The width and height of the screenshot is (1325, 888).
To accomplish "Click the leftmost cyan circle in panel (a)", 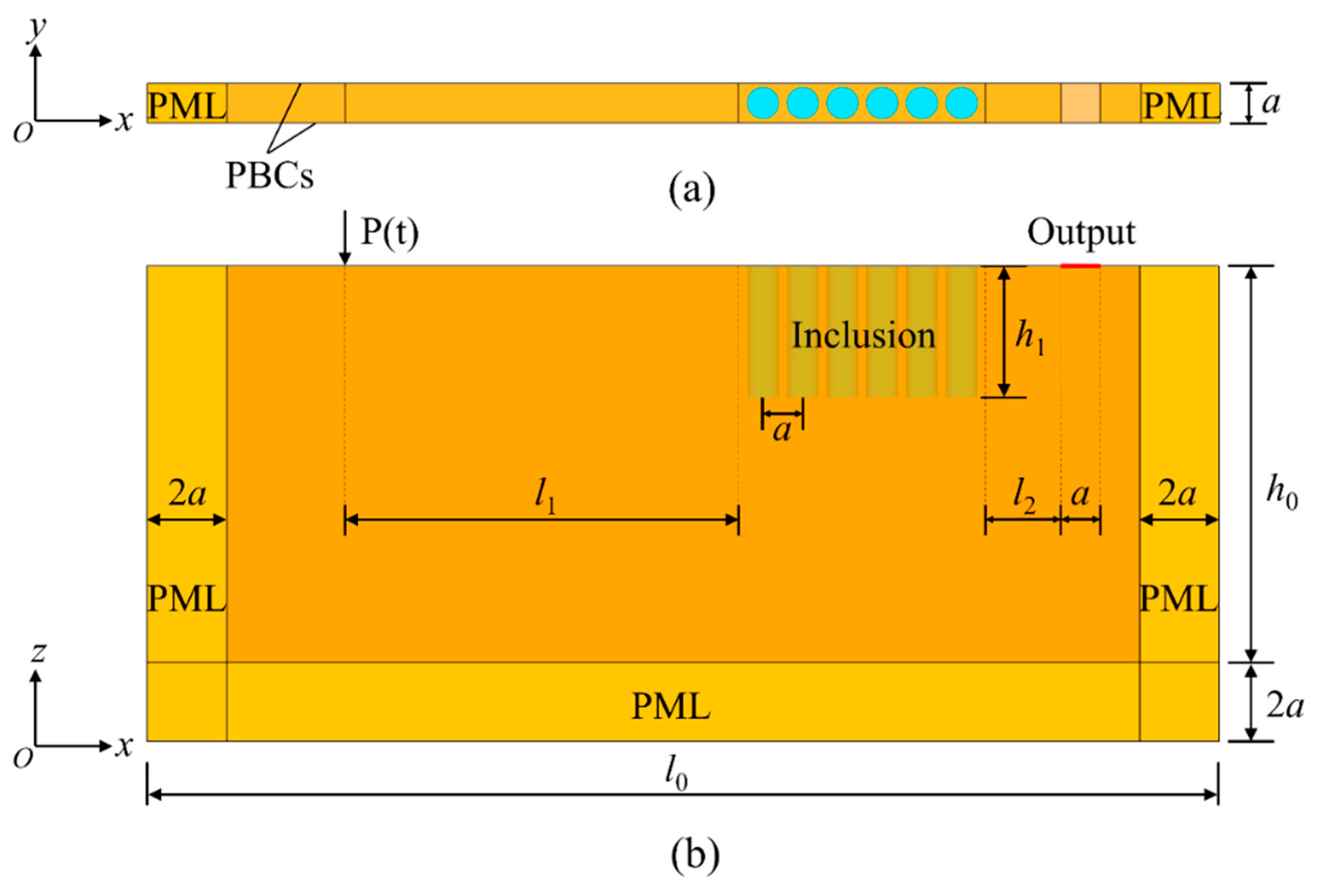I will (x=762, y=104).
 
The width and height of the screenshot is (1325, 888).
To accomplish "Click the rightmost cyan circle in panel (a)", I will (x=961, y=104).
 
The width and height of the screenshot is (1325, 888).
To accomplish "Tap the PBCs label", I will (x=269, y=176).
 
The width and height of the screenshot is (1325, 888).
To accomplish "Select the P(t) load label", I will (x=390, y=232).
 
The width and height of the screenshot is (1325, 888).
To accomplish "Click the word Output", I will (x=1081, y=233).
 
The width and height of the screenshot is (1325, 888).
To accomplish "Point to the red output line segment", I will (x=1081, y=266).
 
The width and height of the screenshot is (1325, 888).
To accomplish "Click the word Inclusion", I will (x=863, y=335).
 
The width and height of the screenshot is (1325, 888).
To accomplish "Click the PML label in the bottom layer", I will (x=671, y=706).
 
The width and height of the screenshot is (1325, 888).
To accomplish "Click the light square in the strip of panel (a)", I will (x=1081, y=104).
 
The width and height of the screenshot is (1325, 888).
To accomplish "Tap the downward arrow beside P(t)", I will (x=344, y=238).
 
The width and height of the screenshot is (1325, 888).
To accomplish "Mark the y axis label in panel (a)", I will (x=37, y=28).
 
